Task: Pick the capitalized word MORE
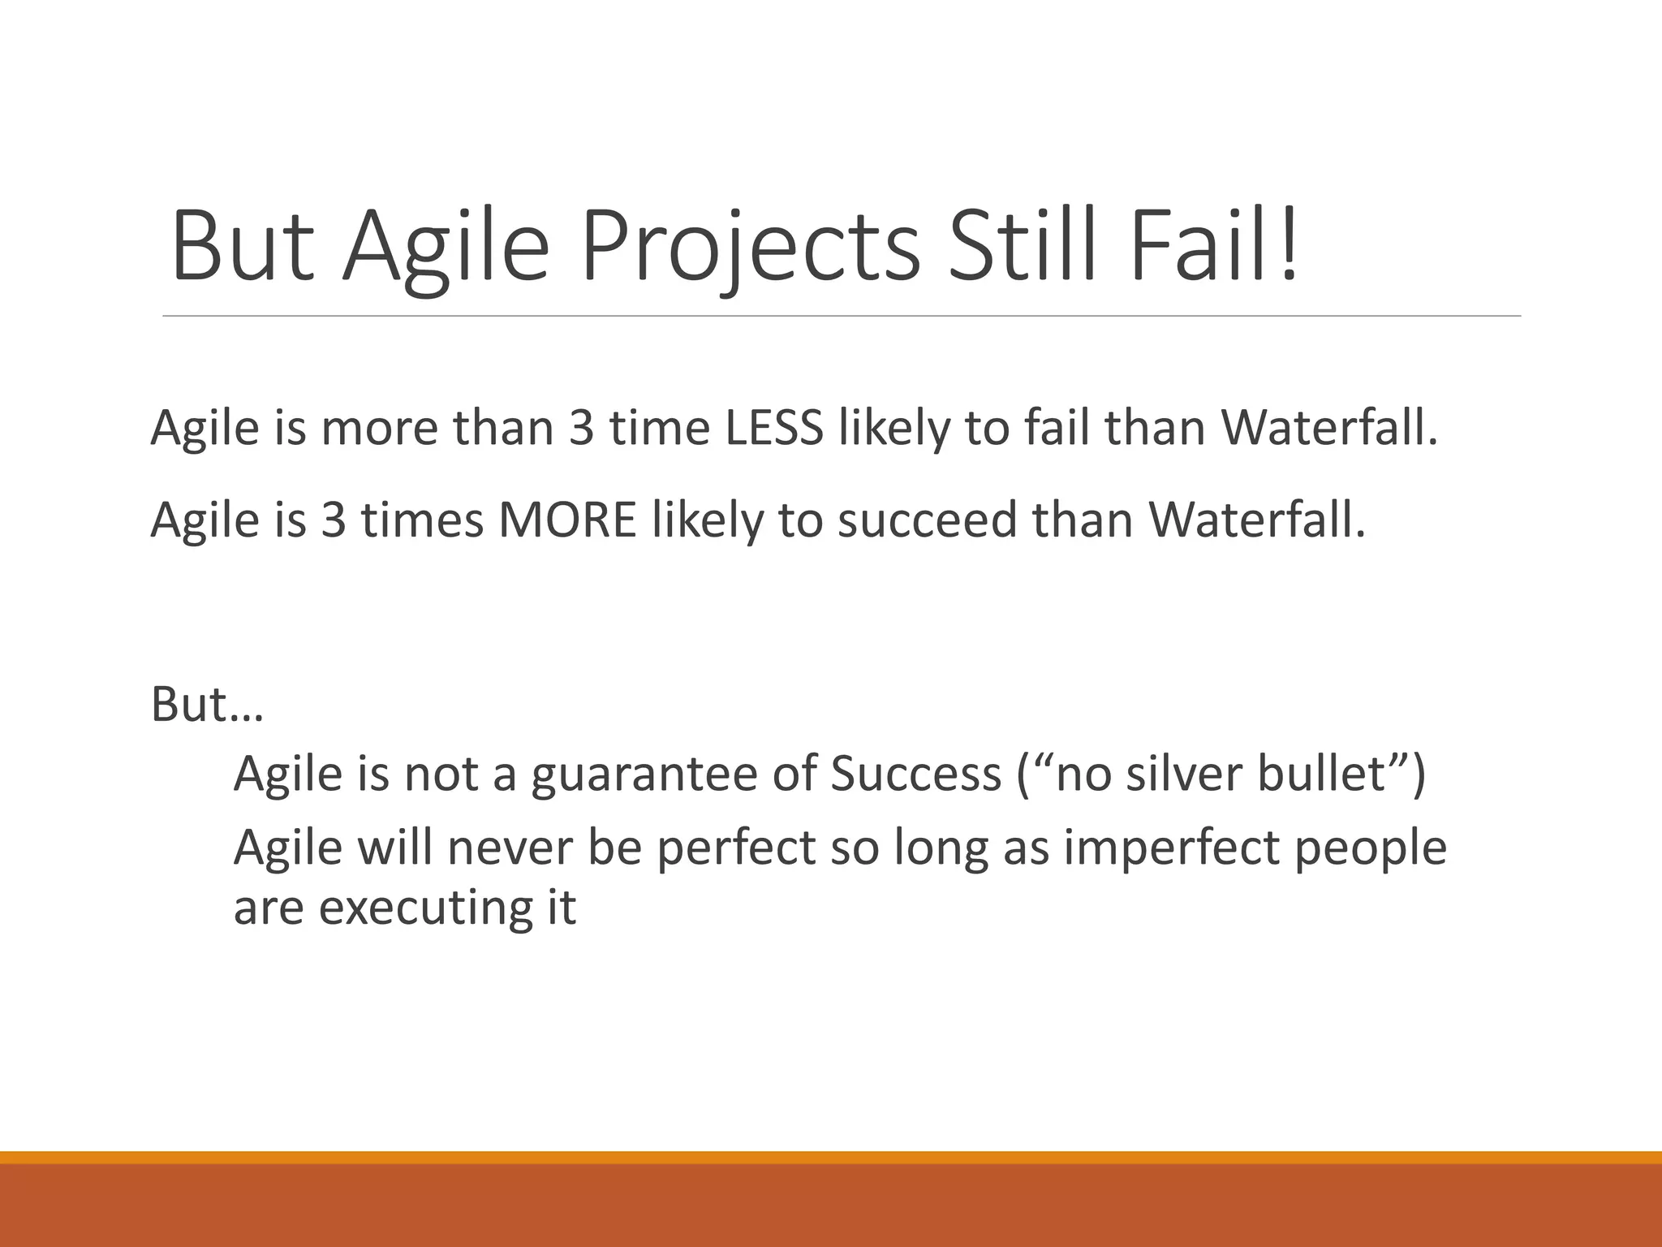tap(567, 520)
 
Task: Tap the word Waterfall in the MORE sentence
tap(1257, 520)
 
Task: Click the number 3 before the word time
tap(581, 428)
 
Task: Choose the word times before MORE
tap(423, 520)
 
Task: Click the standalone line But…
tap(208, 704)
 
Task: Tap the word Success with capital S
tap(916, 774)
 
